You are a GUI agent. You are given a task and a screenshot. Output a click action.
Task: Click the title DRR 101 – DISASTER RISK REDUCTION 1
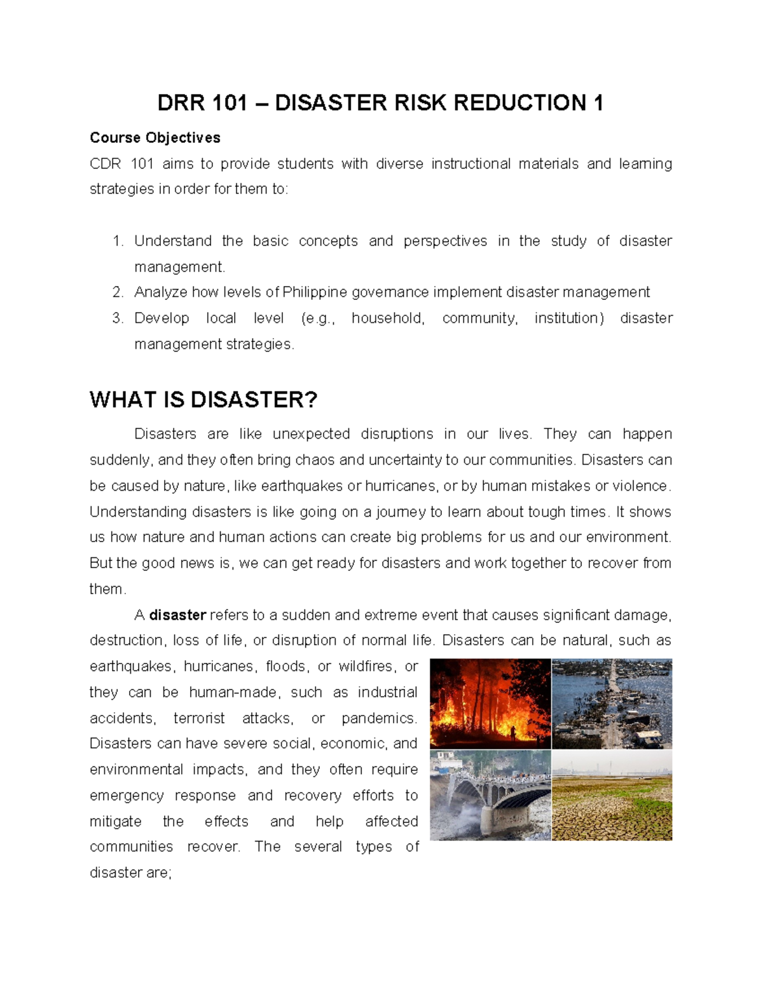tap(380, 102)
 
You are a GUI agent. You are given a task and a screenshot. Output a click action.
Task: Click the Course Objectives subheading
tap(155, 138)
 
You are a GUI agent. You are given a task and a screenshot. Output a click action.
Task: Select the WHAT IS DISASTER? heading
tap(203, 400)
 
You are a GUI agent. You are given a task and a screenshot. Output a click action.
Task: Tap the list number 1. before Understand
tap(117, 241)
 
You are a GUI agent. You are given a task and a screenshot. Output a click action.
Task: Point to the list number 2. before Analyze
tap(117, 292)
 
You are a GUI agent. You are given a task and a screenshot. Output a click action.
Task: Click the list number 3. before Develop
tap(117, 318)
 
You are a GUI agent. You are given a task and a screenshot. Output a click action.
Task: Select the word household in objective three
tap(387, 318)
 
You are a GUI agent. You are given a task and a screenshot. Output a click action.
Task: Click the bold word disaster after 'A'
tap(177, 615)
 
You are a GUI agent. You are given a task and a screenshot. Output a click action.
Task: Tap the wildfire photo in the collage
tap(490, 703)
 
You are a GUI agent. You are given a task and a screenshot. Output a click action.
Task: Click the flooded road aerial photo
tap(612, 703)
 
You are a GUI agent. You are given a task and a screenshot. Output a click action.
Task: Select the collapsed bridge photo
tap(490, 795)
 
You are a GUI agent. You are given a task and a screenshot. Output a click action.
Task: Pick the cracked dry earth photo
tap(612, 795)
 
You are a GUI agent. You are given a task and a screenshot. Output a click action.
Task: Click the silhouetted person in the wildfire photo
tap(513, 733)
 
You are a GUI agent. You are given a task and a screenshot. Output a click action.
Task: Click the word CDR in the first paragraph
tap(105, 164)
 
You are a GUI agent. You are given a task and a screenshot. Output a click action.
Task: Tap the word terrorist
tap(199, 718)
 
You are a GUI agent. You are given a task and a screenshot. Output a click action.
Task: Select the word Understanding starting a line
tap(138, 512)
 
